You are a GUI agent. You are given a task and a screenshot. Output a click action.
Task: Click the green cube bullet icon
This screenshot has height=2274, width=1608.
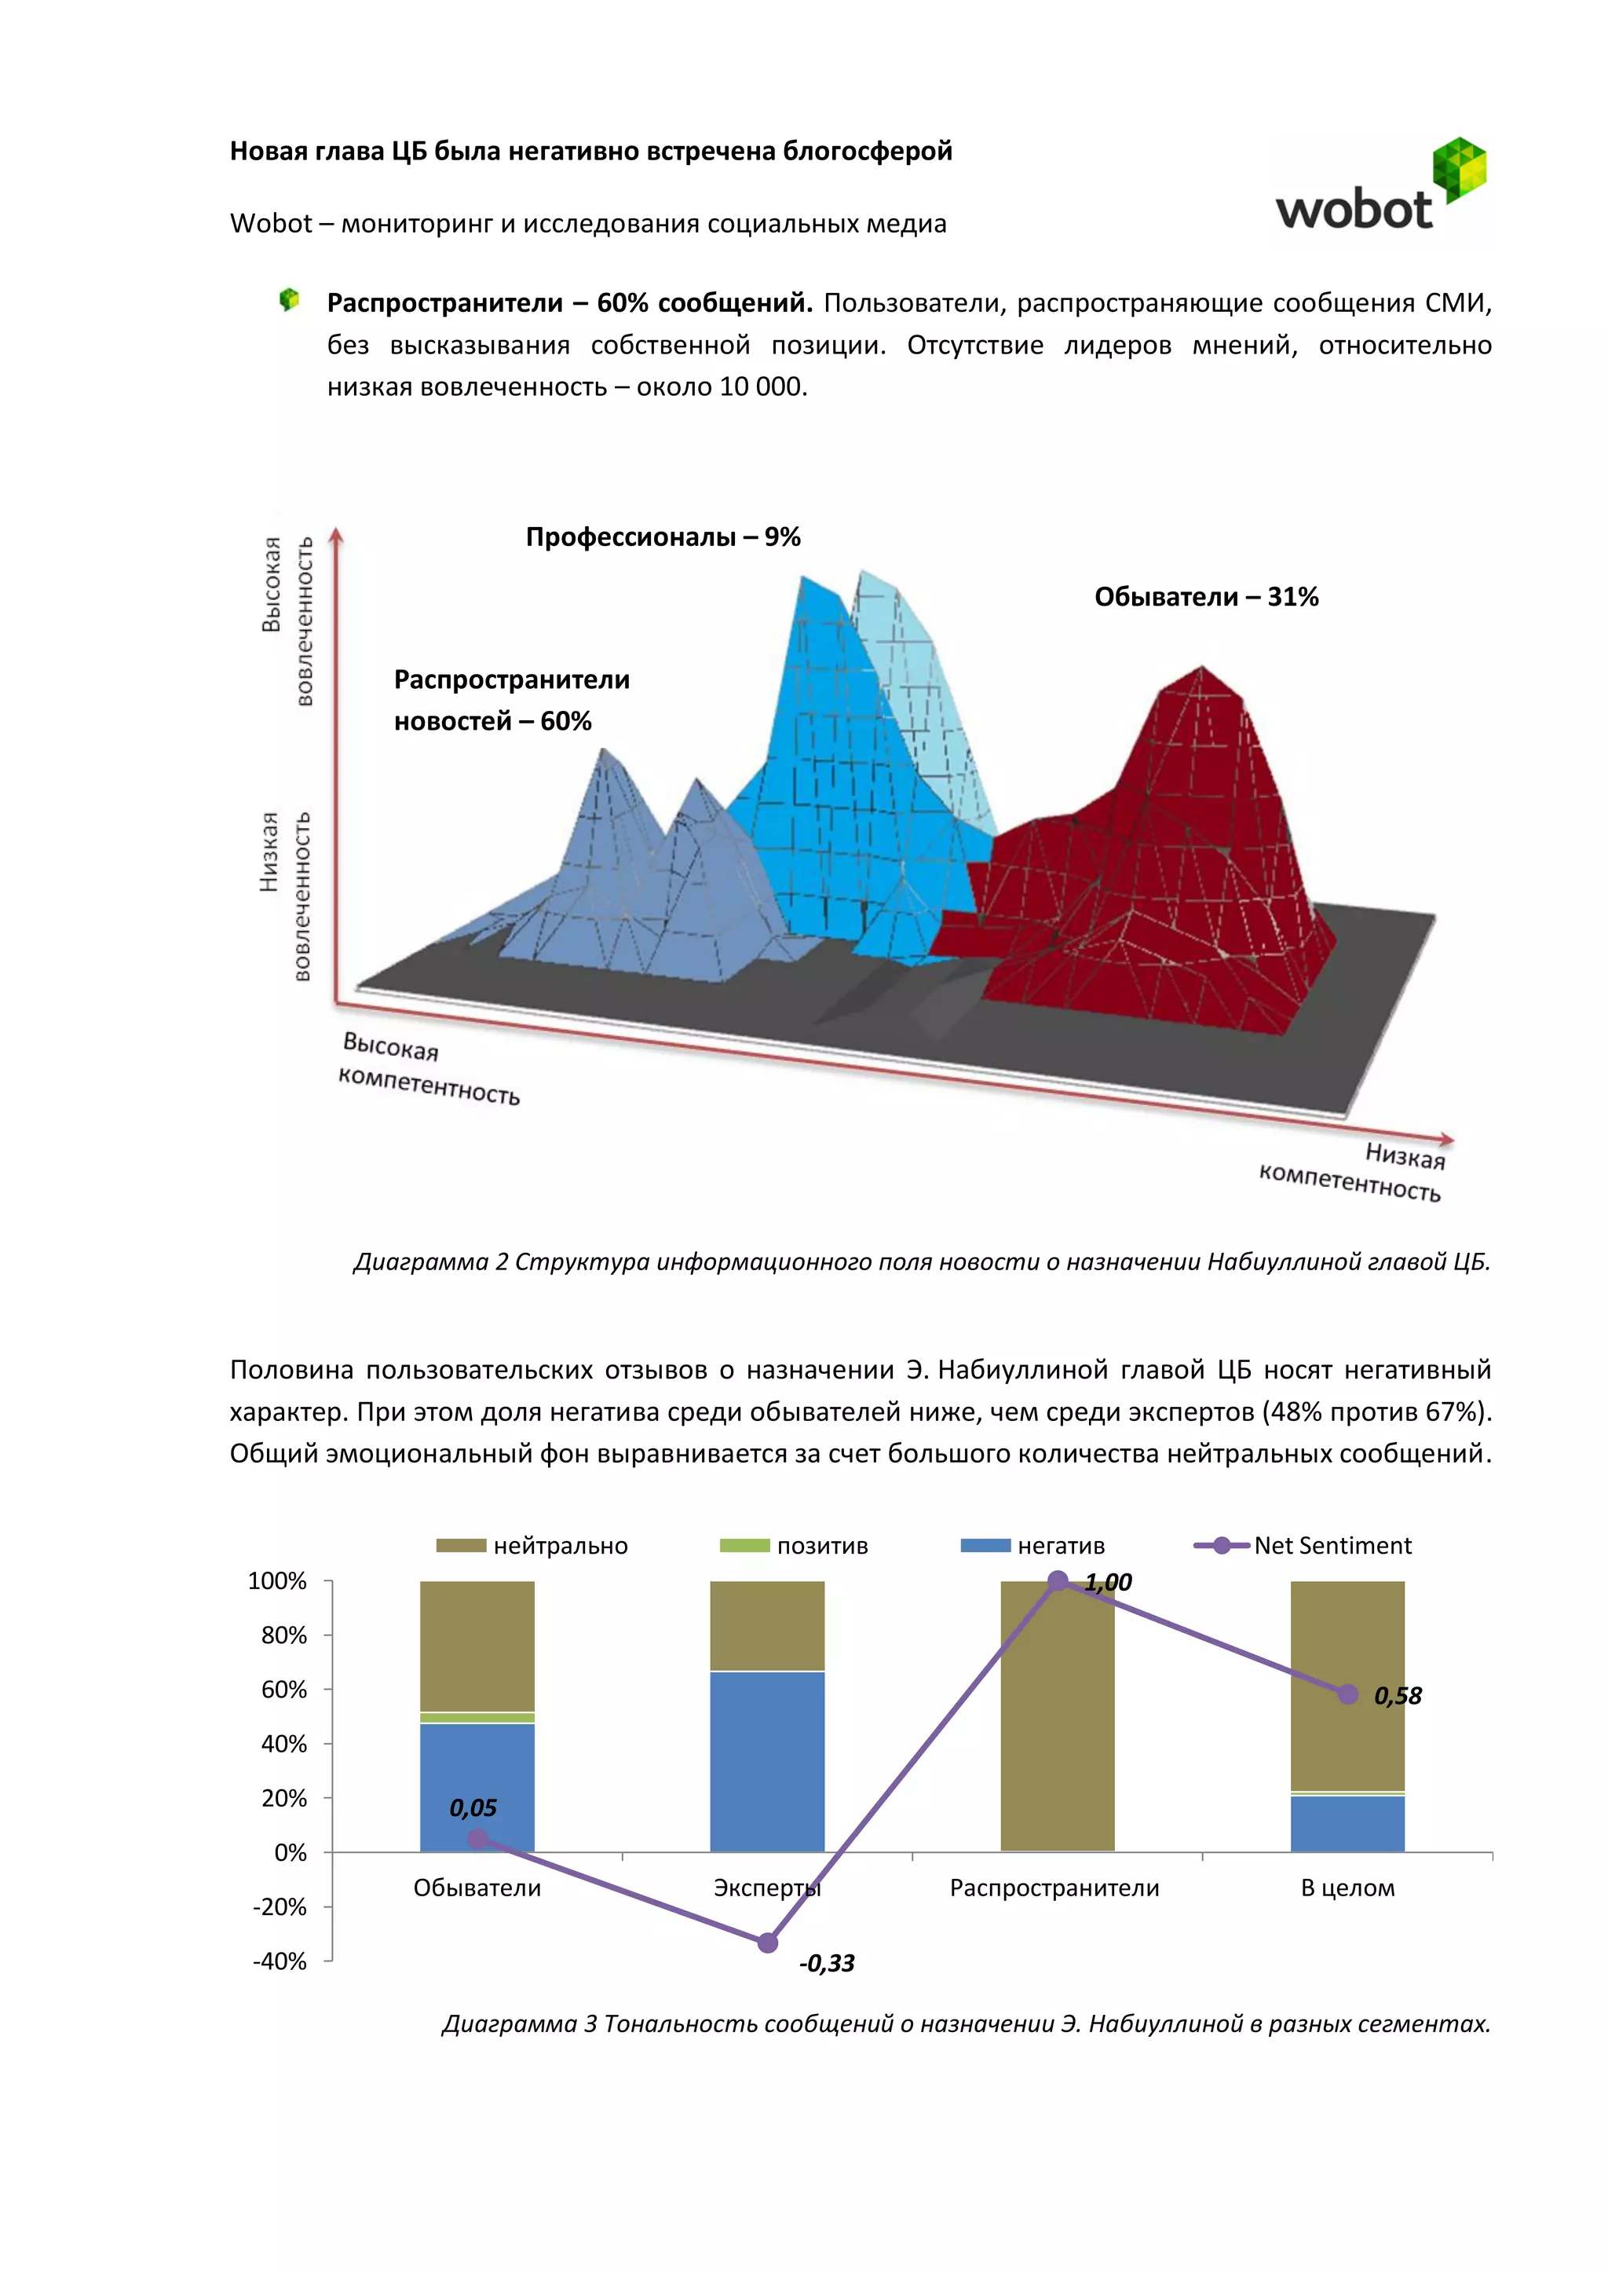pyautogui.click(x=289, y=299)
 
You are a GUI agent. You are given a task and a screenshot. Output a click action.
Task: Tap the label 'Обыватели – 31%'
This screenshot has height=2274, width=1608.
pyautogui.click(x=1206, y=596)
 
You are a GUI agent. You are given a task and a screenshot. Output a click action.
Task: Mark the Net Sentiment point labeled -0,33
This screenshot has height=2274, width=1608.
pyautogui.click(x=767, y=1943)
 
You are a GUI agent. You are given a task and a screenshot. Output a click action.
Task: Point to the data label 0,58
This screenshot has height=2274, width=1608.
pyautogui.click(x=1397, y=1696)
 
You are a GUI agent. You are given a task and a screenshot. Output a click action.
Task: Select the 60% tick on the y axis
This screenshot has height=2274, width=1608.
pyautogui.click(x=284, y=1690)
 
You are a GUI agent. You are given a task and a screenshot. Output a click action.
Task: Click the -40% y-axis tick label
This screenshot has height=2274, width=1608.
pyautogui.click(x=280, y=1961)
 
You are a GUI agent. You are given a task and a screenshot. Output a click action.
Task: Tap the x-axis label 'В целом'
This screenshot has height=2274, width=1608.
pyautogui.click(x=1347, y=1888)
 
